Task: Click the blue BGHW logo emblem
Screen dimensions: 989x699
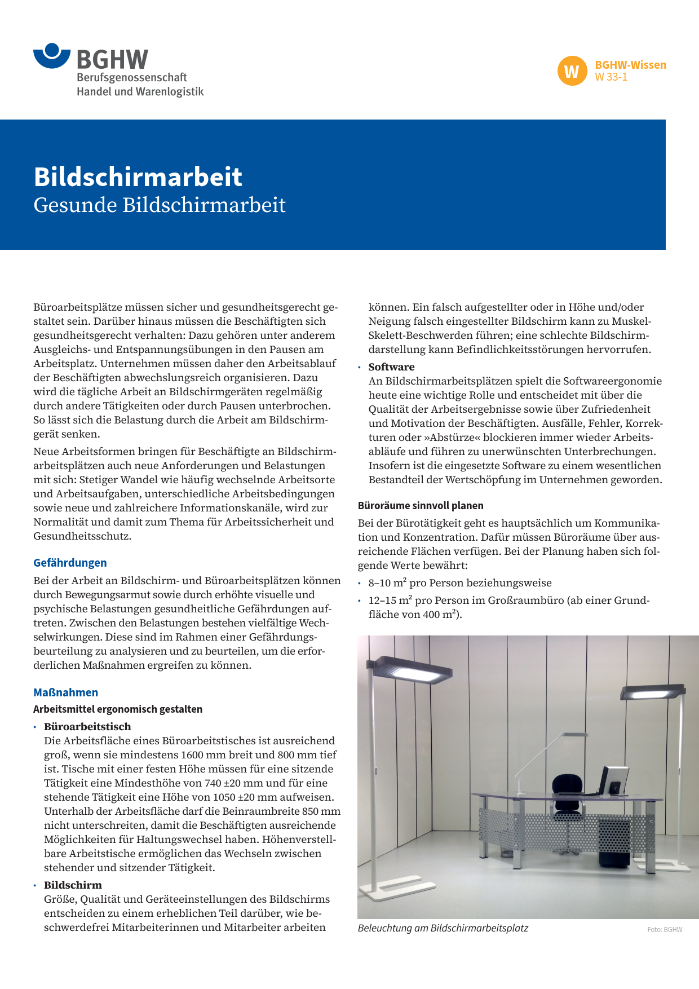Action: (52, 56)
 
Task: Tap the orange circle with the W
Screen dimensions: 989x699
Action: (572, 72)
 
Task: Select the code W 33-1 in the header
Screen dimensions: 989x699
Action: (611, 77)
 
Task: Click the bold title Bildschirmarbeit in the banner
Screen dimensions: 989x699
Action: (138, 176)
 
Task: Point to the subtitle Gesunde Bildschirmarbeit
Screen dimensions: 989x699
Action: (160, 205)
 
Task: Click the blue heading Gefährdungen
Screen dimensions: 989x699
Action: (70, 563)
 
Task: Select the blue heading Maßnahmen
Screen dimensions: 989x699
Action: (65, 692)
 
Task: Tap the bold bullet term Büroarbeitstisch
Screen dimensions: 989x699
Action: (87, 726)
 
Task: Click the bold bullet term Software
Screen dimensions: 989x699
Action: (391, 367)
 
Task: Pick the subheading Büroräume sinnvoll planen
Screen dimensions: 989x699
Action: (421, 506)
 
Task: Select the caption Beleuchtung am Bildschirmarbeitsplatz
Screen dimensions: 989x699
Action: (443, 928)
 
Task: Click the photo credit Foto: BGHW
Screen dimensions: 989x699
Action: (665, 930)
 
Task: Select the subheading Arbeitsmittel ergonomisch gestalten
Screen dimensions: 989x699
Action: (118, 709)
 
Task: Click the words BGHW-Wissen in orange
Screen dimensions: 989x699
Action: (630, 65)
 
